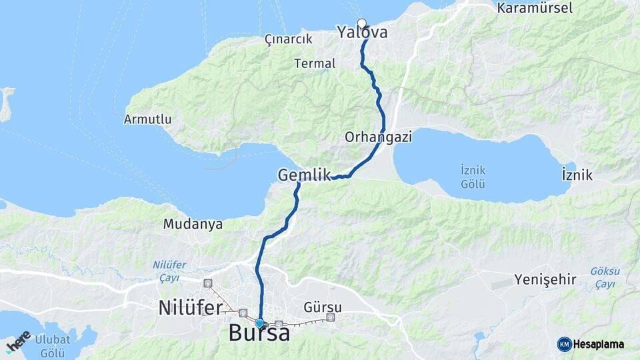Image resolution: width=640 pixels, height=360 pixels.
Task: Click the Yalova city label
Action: point(362,32)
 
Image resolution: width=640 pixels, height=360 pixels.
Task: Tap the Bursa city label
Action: point(259,333)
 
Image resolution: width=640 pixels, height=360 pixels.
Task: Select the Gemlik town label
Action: point(304,175)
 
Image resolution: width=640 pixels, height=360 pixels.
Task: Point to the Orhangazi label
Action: point(378,137)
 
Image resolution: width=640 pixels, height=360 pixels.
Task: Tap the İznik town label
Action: point(577,175)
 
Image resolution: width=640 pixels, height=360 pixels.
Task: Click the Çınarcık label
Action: point(288,39)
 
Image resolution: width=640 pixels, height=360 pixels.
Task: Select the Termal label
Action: point(315,64)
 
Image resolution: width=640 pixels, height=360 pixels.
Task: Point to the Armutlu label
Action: point(147,120)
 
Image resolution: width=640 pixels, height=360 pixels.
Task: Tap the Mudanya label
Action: point(193,225)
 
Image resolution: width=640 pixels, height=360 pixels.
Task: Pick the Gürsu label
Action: point(323,307)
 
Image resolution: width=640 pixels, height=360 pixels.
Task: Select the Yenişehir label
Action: point(545,279)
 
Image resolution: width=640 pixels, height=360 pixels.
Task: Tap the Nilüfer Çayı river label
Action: point(169,270)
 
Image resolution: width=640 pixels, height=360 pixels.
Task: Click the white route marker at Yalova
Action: point(362,23)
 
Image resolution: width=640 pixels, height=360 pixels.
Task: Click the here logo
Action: point(18,342)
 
